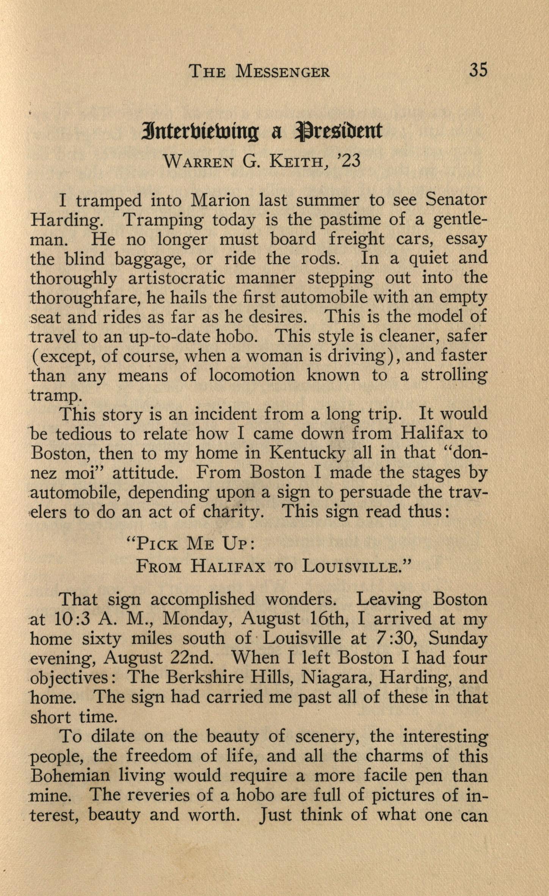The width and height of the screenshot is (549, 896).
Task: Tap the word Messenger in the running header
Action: [x=282, y=72]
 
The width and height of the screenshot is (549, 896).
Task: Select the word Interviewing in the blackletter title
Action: [x=200, y=131]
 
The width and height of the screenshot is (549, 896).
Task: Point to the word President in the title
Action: [x=339, y=131]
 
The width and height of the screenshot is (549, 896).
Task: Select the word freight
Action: [x=356, y=240]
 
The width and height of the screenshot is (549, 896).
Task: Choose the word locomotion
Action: [x=251, y=376]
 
